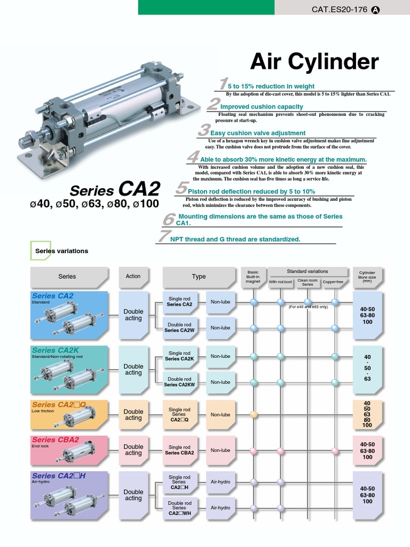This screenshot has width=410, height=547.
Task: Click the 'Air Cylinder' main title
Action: pos(314,62)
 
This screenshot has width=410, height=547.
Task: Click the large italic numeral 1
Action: pos(223,84)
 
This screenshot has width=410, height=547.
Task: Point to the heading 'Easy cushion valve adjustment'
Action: pos(258,133)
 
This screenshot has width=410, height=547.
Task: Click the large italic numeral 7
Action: pos(163,236)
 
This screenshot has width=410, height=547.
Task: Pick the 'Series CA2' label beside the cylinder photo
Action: pos(115,190)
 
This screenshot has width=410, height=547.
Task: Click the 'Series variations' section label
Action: pos(61,251)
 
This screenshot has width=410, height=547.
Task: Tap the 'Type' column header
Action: pos(199,277)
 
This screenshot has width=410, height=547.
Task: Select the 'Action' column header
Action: pos(133,277)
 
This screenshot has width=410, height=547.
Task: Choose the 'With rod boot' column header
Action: pos(280,282)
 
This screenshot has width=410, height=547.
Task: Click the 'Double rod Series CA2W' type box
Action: pos(179,327)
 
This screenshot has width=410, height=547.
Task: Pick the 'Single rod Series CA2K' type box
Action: pos(179,356)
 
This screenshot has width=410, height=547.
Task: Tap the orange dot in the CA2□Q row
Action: pos(254,415)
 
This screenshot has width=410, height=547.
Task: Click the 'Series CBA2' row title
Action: pos(56,440)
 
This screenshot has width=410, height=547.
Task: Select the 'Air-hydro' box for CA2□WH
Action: pos(220,507)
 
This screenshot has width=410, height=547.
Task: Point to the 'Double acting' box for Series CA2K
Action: pos(133,370)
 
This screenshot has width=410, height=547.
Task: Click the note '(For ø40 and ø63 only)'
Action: pos(309,307)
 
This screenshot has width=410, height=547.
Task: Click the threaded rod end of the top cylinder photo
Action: pos(25,142)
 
